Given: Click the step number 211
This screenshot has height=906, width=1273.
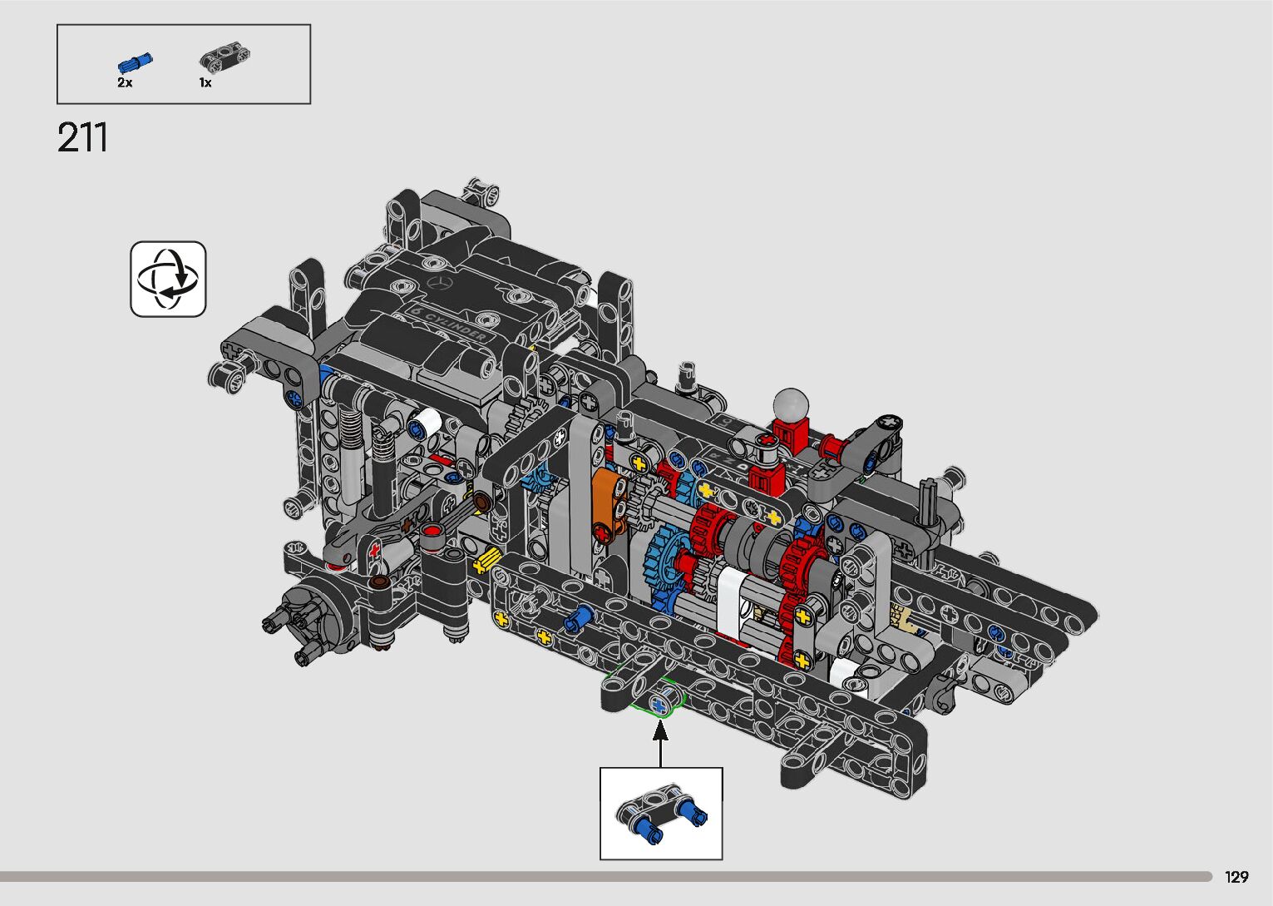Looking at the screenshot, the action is click(x=82, y=137).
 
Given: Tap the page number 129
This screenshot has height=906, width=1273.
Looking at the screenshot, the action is click(x=1236, y=877).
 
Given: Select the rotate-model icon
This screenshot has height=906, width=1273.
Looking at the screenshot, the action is click(x=168, y=280).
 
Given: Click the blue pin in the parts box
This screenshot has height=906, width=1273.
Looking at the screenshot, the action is click(x=136, y=62).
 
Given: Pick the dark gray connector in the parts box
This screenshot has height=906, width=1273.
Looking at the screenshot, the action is click(x=225, y=57).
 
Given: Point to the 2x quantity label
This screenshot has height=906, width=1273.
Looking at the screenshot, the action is click(x=125, y=82).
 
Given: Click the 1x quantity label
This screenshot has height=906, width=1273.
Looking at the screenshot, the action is click(x=205, y=83).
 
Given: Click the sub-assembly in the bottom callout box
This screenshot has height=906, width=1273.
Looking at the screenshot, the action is click(x=662, y=812).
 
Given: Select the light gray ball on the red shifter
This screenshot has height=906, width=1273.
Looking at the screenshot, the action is click(x=791, y=405).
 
